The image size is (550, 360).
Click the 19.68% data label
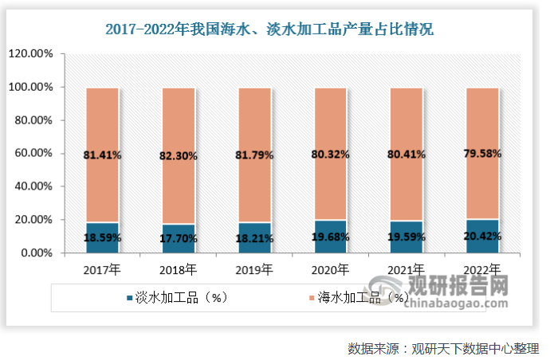pos(331,237)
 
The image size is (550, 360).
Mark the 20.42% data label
pos(481,237)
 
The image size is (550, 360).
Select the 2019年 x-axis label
pos(254,270)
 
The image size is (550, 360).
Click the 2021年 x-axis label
pos(407,270)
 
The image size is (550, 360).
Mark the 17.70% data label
pos(179,237)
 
